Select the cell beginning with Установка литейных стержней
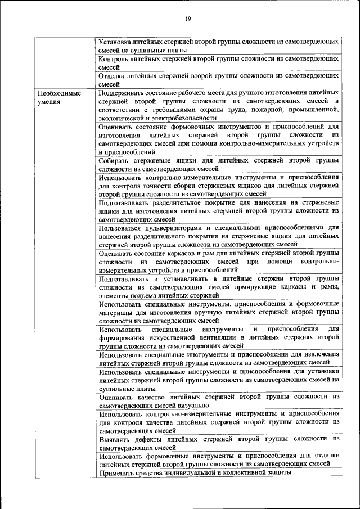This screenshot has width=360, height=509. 218,46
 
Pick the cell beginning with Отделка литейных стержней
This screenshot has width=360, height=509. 218,79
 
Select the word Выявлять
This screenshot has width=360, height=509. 116,439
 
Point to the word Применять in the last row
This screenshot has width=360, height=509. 118,473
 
